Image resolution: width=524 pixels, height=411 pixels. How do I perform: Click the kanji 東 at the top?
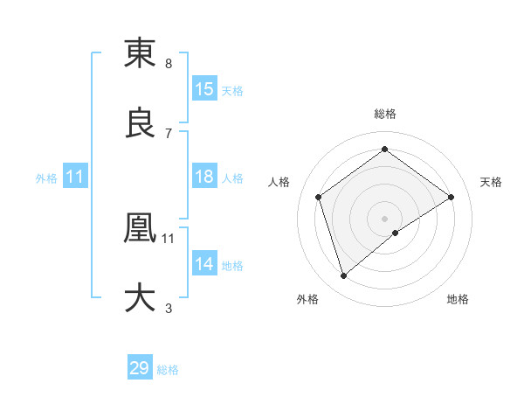pos(140,53)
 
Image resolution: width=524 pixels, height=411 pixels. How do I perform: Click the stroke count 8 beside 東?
pos(168,64)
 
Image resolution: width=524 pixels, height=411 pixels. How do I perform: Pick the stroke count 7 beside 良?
pos(168,134)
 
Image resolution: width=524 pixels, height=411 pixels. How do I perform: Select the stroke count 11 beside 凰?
pos(168,238)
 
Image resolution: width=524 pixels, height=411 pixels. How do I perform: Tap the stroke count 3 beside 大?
pos(168,308)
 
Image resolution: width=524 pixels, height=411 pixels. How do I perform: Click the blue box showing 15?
pos(204,89)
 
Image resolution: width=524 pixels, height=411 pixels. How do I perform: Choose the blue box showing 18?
pos(204,177)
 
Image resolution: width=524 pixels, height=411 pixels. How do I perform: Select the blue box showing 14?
pos(204,263)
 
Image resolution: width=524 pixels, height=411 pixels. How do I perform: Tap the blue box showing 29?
pos(140,368)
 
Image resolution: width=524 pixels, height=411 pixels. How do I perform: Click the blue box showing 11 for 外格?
pos(75,177)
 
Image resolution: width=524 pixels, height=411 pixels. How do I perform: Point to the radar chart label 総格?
pos(384,113)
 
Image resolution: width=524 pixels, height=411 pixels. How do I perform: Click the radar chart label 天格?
pos(492,182)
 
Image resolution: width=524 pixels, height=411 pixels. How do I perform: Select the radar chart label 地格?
pos(458,299)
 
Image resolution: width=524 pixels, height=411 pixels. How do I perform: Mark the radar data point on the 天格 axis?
pos(451,197)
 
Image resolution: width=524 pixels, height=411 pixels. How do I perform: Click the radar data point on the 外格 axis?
pos(343,276)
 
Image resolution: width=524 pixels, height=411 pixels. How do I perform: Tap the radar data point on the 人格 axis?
pos(319,197)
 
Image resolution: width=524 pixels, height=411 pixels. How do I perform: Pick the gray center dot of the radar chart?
pos(384,218)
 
